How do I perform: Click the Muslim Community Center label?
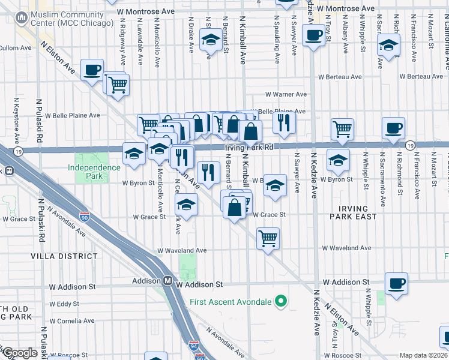coord(67,19)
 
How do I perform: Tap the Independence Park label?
coord(93,172)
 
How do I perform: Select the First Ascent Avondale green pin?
coord(280,302)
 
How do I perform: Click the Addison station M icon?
coord(169,280)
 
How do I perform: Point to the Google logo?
coord(19,353)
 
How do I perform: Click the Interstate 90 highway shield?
coord(85,214)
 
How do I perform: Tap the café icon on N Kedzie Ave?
coord(313,36)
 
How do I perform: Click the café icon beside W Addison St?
coord(396,283)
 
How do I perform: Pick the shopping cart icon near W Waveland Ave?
coord(268,238)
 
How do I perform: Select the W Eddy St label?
coord(64,304)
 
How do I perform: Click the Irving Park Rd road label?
coord(249,147)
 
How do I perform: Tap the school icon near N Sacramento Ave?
coord(388,46)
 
